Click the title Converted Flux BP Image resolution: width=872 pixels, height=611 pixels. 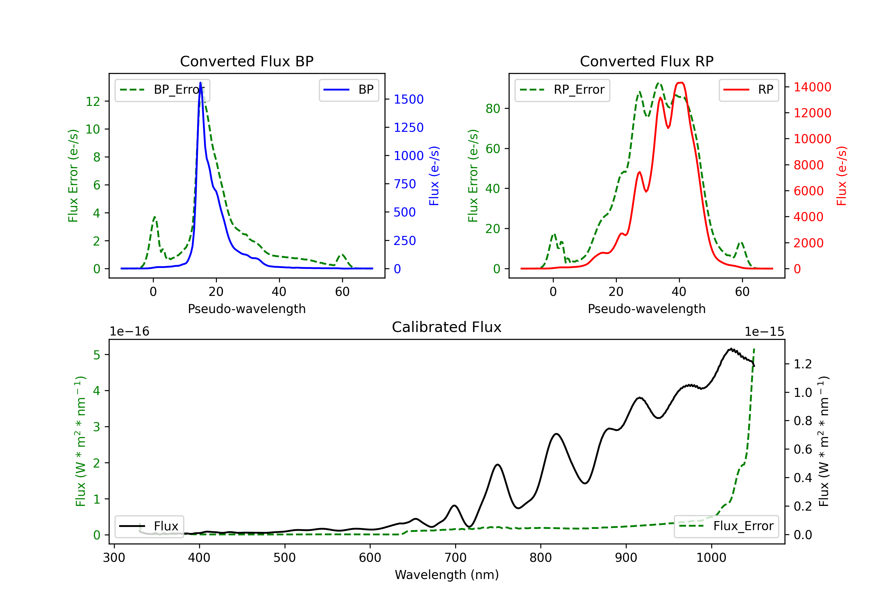tap(246, 61)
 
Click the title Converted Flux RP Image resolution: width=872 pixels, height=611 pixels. tap(646, 61)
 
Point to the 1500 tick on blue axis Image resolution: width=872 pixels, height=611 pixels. tap(408, 99)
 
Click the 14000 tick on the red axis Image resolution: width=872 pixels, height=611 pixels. tap(812, 87)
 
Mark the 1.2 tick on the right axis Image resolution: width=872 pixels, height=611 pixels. tap(803, 364)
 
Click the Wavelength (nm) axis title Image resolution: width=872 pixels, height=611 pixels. tap(447, 575)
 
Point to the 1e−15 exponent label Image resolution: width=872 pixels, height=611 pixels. tap(764, 332)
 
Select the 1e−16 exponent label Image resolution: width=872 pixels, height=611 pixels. tap(130, 332)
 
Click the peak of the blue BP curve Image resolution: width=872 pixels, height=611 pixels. tap(201, 83)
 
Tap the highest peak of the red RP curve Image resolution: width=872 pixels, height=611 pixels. tap(680, 83)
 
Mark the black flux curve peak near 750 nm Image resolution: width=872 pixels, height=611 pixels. tap(498, 465)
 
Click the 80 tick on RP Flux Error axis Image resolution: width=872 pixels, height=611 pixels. tap(493, 109)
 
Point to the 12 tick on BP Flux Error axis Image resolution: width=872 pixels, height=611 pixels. tap(93, 102)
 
